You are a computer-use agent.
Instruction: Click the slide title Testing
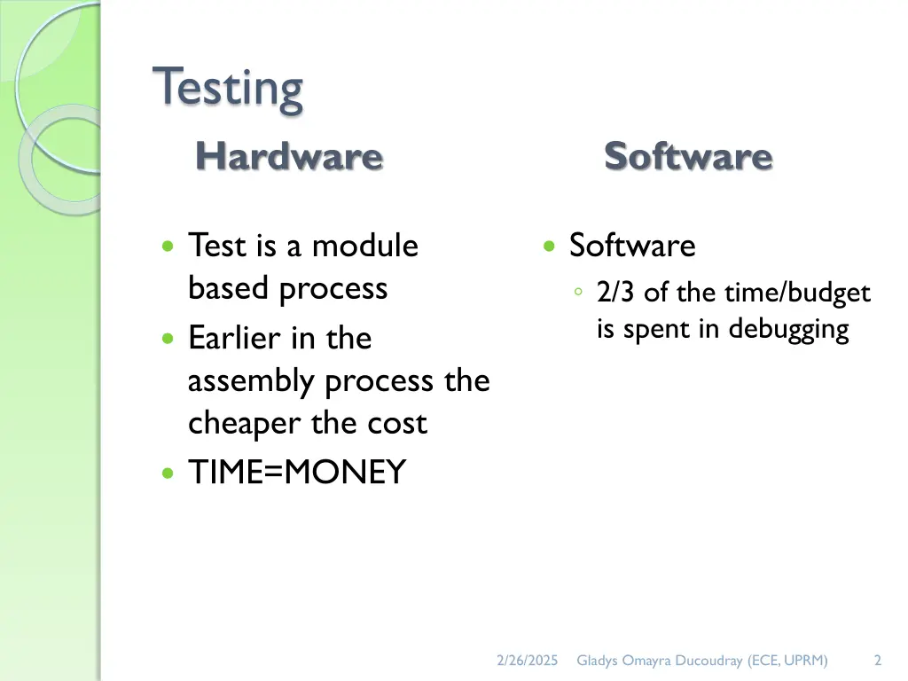(x=228, y=89)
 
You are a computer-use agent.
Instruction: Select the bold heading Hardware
(x=289, y=157)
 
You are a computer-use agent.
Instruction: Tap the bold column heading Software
(x=688, y=157)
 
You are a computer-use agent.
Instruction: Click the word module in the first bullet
(x=364, y=246)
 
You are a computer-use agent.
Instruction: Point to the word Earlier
(x=236, y=338)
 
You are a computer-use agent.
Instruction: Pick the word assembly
(x=253, y=381)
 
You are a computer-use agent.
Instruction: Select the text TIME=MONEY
(x=296, y=473)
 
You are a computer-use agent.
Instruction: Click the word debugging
(x=788, y=330)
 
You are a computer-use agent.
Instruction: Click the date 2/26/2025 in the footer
(x=527, y=660)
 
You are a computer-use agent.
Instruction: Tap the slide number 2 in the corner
(x=877, y=660)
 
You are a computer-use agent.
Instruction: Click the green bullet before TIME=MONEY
(x=168, y=474)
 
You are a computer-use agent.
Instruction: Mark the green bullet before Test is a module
(x=168, y=247)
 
